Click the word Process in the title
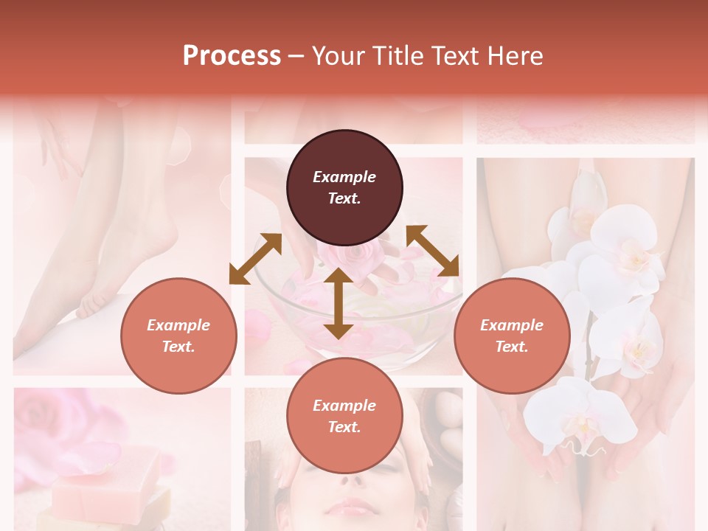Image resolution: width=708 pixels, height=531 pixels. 232,56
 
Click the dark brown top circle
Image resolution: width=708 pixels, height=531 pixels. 344,188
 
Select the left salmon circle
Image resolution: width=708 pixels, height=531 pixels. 178,336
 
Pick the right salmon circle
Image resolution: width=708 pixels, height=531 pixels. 512,336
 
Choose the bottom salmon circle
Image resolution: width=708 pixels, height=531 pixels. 344,416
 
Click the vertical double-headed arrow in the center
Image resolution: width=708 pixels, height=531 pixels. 338,303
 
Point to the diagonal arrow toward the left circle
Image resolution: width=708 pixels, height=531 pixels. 255,258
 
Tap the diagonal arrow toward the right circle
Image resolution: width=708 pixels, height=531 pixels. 432,251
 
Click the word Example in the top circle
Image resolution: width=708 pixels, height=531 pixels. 344,177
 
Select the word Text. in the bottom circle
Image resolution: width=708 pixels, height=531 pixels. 344,427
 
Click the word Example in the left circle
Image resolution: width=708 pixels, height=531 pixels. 178,325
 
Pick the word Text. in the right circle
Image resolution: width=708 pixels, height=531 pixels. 512,347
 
